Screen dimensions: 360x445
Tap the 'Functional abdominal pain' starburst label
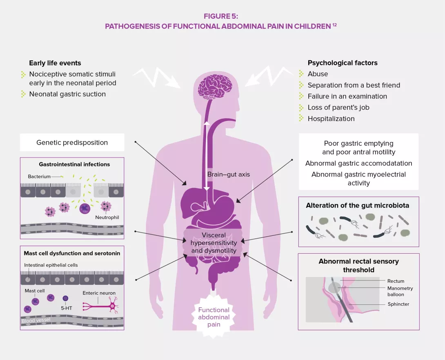point(214,317)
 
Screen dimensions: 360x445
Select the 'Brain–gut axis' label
point(228,174)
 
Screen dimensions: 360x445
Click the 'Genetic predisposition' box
point(72,143)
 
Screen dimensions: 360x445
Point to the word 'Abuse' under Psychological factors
point(318,74)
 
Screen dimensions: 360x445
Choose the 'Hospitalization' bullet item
point(331,119)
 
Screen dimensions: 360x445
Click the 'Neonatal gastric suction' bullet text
point(67,94)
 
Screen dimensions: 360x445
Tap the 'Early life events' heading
point(55,63)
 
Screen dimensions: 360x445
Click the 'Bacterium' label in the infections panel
point(39,177)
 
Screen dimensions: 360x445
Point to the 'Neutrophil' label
point(107,217)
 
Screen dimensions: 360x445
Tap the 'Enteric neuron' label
point(99,293)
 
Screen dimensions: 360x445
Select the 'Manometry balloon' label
point(400,291)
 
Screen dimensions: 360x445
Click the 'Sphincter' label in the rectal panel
point(398,304)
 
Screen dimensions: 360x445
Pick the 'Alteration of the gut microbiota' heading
point(357,206)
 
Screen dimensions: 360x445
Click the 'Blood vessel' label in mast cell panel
point(36,320)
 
